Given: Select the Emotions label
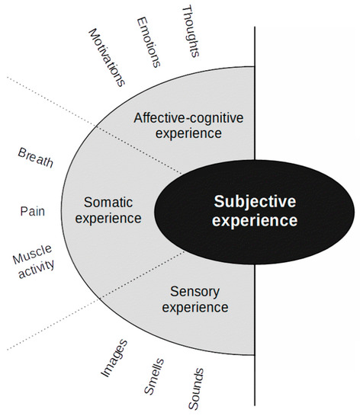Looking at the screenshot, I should point(149,38).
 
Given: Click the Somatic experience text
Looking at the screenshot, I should point(111,210).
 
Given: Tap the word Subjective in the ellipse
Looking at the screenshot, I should point(254,202).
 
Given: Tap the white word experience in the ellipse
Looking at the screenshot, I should point(254,222).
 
